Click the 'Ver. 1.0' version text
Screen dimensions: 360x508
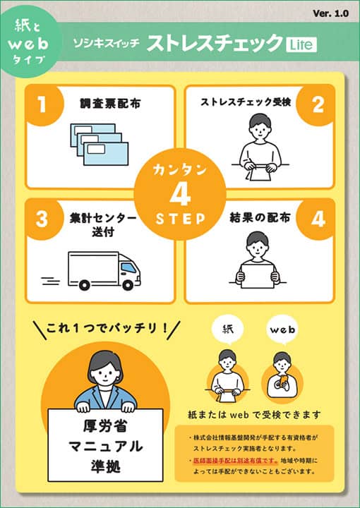coord(330,13)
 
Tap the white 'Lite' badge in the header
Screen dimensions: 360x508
coord(301,44)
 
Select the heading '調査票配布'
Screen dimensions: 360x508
coord(110,103)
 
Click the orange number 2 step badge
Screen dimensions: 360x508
coord(318,104)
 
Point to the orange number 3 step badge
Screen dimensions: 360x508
coord(42,219)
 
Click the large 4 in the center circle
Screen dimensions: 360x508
coord(180,195)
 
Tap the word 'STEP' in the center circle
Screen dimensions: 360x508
coord(180,219)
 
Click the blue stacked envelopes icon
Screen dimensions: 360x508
coord(99,144)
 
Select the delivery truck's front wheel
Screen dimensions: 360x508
coord(128,285)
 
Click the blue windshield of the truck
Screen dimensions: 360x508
coord(128,267)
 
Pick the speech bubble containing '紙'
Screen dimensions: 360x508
coord(228,330)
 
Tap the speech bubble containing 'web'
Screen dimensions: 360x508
coord(282,330)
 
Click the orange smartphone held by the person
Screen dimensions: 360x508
coord(283,381)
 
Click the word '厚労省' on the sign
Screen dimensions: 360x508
coord(105,425)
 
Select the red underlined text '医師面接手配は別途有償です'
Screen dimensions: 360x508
coord(235,460)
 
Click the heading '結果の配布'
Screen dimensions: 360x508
coord(260,217)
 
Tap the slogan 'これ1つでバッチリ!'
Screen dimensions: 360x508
coord(107,328)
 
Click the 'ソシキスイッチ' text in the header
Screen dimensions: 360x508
coord(106,43)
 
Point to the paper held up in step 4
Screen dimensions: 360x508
coord(258,276)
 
